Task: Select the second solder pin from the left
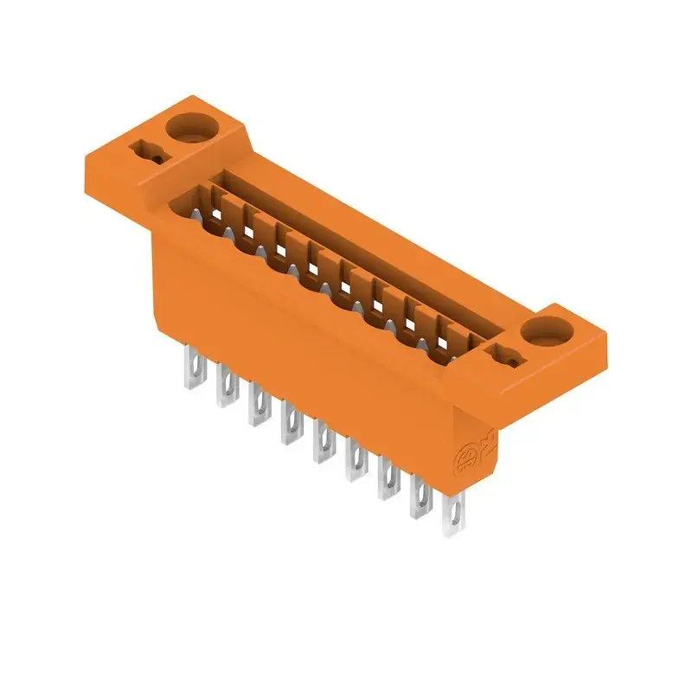pyautogui.click(x=225, y=389)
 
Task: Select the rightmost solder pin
pyautogui.click(x=453, y=516)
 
